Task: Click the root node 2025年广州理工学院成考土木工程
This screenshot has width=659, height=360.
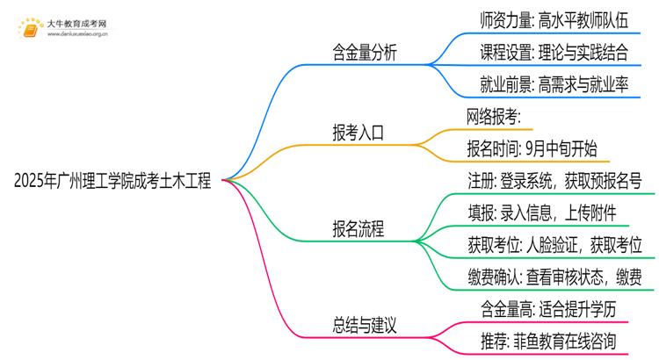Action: click(112, 182)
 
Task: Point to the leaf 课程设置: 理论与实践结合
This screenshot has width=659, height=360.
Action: click(554, 53)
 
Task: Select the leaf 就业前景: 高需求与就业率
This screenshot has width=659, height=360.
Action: click(555, 85)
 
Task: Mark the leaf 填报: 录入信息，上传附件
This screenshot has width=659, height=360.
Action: click(543, 214)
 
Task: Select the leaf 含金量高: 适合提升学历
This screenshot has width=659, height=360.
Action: click(549, 310)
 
